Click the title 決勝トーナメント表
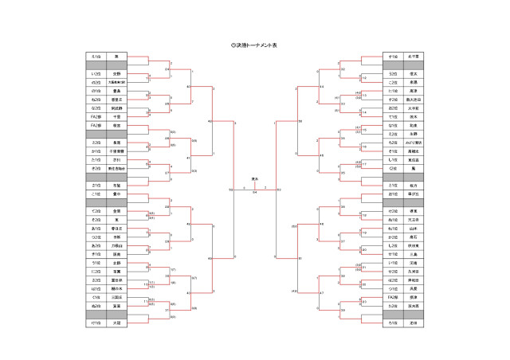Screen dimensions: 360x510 [254, 45]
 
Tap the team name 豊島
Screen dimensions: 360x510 [116, 91]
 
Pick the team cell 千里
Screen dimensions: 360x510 [116, 116]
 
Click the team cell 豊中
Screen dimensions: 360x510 [116, 194]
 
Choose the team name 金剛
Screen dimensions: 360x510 [116, 211]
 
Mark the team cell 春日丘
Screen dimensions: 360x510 [116, 228]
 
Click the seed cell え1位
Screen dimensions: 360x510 [96, 57]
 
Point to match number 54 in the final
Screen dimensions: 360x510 [254, 192]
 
